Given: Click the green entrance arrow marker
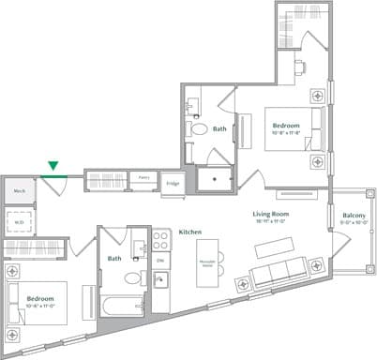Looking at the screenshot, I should (x=53, y=166).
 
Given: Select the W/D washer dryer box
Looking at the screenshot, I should (x=19, y=221).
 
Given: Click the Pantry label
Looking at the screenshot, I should (x=144, y=176).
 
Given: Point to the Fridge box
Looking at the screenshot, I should (x=173, y=184).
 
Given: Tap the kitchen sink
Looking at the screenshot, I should (x=160, y=279).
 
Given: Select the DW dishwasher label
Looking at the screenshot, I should (x=160, y=259).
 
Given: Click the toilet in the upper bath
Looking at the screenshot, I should (x=198, y=128).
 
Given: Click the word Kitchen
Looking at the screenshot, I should (x=191, y=231).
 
